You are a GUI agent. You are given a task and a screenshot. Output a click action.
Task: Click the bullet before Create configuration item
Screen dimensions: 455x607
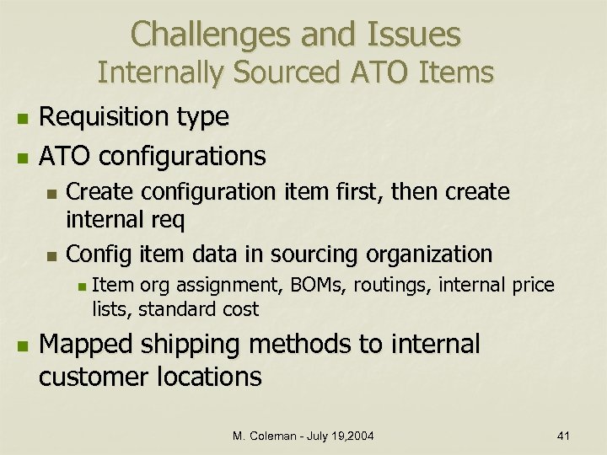tap(52, 194)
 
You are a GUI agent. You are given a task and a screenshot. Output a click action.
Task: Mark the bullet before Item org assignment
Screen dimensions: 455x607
tap(81, 286)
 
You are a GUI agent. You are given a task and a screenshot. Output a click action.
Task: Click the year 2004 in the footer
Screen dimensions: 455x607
tap(358, 435)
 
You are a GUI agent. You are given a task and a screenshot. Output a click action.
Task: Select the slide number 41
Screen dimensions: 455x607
tap(564, 435)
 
